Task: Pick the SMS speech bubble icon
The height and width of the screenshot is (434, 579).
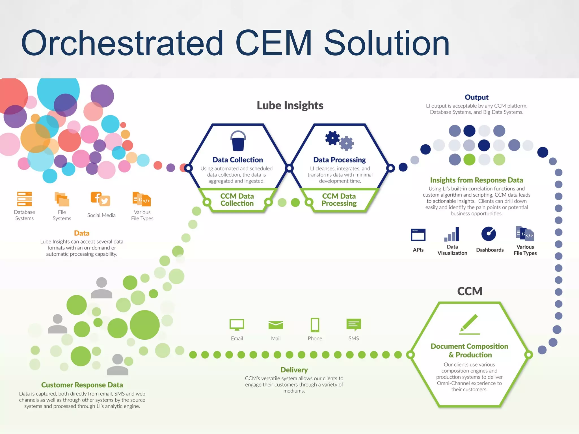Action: point(353,325)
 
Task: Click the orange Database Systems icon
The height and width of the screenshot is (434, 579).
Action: point(24,199)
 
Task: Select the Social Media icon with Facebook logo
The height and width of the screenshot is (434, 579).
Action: point(100,199)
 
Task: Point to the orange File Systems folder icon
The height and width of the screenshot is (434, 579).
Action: point(62,199)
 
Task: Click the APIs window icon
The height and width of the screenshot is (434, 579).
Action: point(418,235)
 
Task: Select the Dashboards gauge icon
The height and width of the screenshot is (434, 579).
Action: point(489,234)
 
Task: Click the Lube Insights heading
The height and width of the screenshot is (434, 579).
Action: point(290,105)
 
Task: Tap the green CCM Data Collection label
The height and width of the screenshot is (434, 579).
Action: point(237,200)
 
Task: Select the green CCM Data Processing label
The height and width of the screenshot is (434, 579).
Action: point(339,200)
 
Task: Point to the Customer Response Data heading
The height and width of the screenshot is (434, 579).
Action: point(82,385)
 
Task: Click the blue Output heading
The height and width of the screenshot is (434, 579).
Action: point(476,97)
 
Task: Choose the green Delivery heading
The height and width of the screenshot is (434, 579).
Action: point(294,370)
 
